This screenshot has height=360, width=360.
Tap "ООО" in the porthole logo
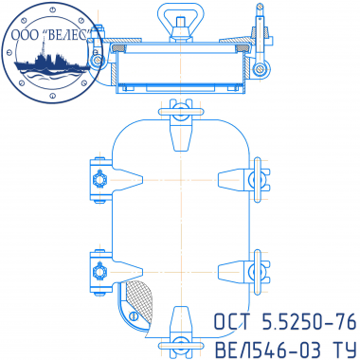click(25, 35)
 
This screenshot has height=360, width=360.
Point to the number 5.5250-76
click(309, 322)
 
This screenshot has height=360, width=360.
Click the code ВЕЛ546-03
click(268, 350)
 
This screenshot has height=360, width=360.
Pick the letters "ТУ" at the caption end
click(343, 350)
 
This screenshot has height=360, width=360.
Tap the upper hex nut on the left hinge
click(99, 180)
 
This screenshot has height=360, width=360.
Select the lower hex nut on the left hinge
click(99, 271)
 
